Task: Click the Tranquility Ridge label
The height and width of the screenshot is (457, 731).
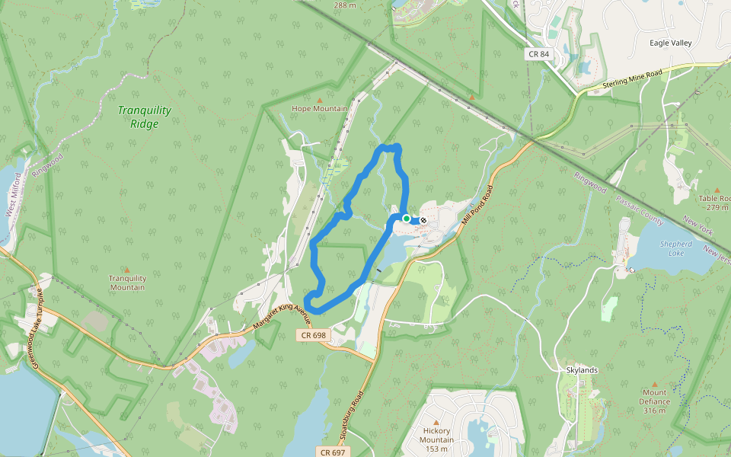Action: pyautogui.click(x=144, y=117)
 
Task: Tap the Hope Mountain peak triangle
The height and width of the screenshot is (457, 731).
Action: pyautogui.click(x=319, y=100)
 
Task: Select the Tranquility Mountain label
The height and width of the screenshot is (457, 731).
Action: pyautogui.click(x=126, y=283)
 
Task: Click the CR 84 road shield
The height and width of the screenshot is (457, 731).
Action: pyautogui.click(x=538, y=54)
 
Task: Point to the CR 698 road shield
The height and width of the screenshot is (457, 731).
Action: pyautogui.click(x=313, y=335)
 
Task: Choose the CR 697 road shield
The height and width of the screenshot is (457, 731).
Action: pyautogui.click(x=335, y=452)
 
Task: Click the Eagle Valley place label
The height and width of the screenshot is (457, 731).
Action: pyautogui.click(x=670, y=43)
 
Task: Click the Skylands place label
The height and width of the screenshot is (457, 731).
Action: pyautogui.click(x=582, y=370)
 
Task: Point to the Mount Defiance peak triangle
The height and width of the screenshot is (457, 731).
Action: pyautogui.click(x=654, y=384)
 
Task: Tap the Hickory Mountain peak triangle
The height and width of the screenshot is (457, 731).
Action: pyautogui.click(x=436, y=422)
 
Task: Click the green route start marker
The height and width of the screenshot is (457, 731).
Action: pyautogui.click(x=407, y=219)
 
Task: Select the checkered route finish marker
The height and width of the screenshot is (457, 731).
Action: pyautogui.click(x=423, y=220)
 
